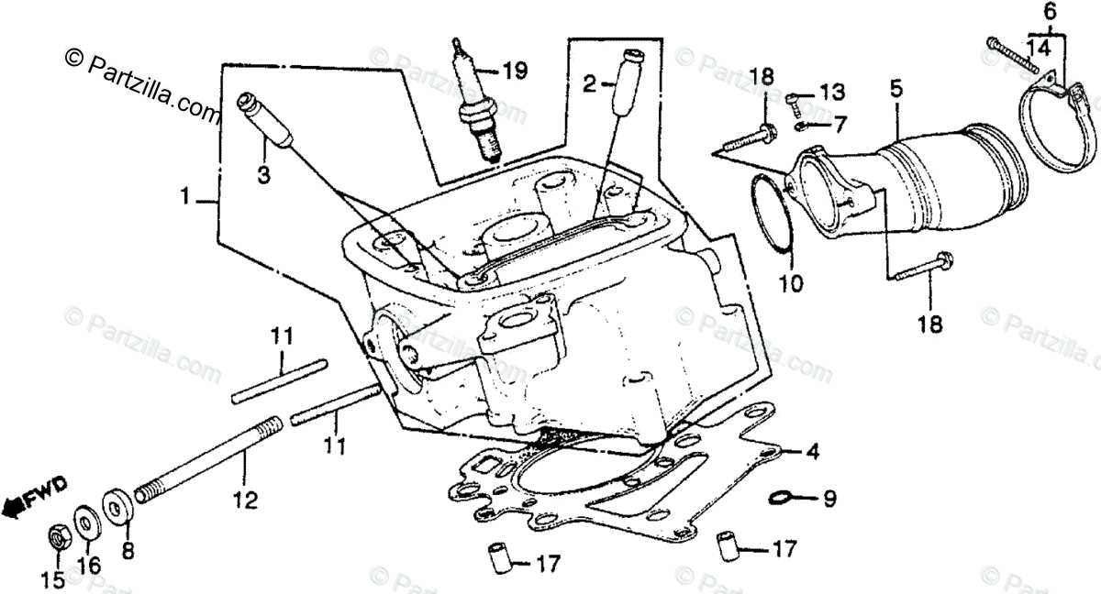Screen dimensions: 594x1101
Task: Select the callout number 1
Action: [x=186, y=195]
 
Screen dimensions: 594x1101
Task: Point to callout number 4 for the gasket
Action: [x=812, y=452]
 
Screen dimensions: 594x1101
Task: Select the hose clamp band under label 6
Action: [x=1054, y=129]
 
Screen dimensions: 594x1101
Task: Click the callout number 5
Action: [x=895, y=89]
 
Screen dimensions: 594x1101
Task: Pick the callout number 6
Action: [x=1051, y=14]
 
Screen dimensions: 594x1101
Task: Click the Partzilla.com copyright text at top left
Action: [x=143, y=86]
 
